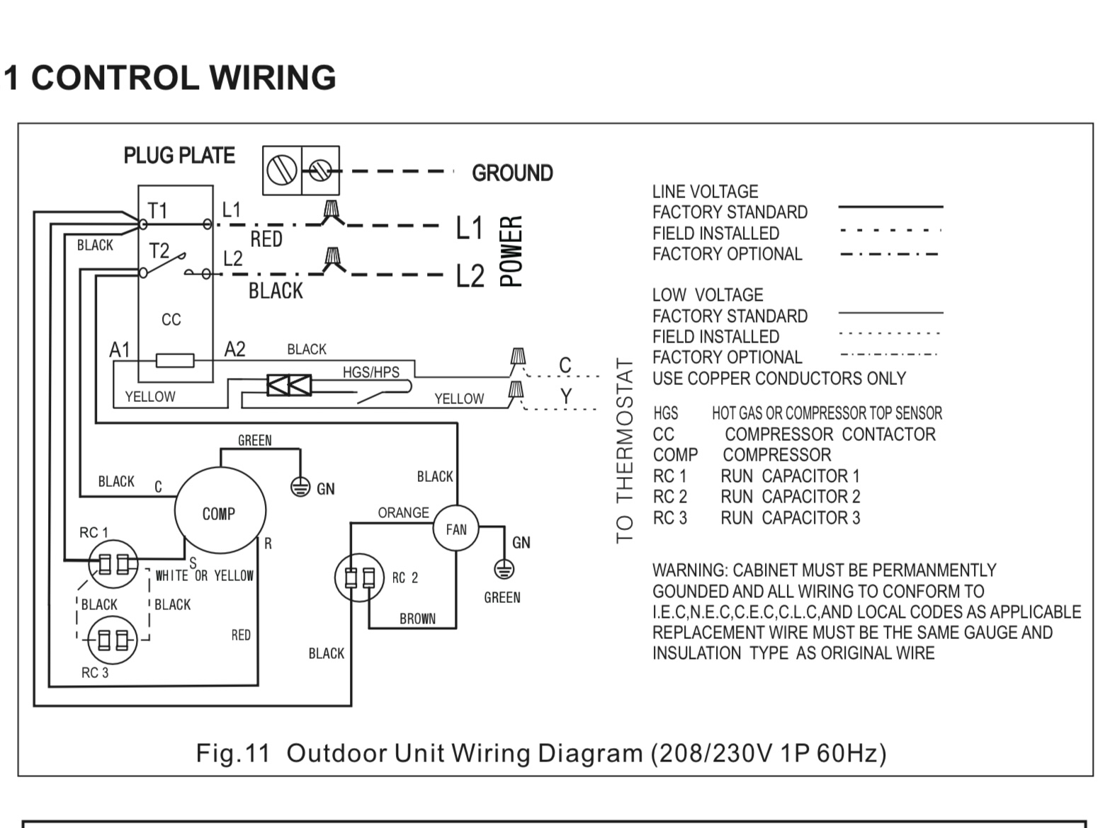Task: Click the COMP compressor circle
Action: pos(220,513)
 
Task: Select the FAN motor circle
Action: pos(455,529)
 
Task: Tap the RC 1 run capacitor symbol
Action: pos(113,564)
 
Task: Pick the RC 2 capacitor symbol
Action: pos(359,578)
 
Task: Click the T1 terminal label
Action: pos(157,210)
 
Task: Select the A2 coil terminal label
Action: pos(234,350)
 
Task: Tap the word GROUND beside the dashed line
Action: pos(512,173)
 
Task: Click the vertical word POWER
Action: pos(511,251)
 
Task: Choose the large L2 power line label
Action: pos(470,276)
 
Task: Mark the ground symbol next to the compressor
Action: pos(301,487)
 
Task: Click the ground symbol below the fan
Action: pos(504,568)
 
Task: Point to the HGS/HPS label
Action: pos(370,372)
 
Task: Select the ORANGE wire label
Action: pos(403,512)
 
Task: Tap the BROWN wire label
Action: pos(417,619)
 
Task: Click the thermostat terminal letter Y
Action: pos(565,397)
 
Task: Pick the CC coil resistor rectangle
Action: pos(175,361)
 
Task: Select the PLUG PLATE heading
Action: pos(179,156)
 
